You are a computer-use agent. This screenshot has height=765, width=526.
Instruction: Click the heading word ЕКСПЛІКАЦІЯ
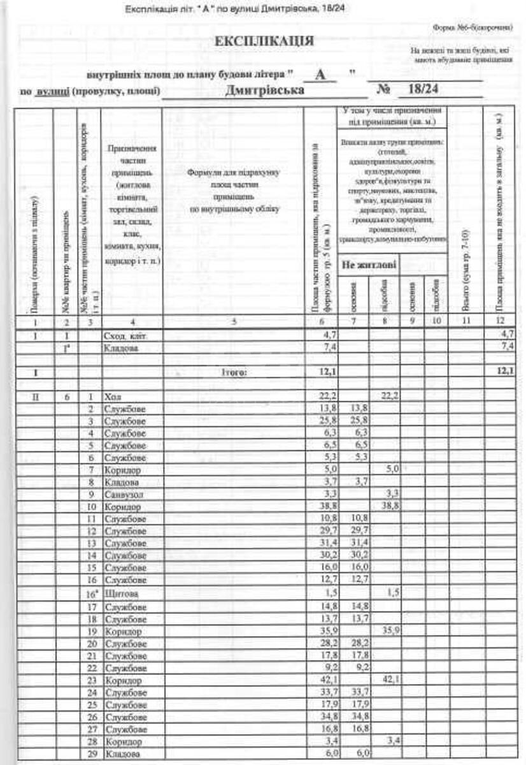pyautogui.click(x=264, y=41)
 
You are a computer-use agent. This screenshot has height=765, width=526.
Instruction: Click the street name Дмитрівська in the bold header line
pyautogui.click(x=264, y=90)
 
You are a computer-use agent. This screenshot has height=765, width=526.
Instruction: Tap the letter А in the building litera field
pyautogui.click(x=322, y=75)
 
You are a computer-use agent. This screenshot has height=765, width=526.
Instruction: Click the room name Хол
pyautogui.click(x=111, y=397)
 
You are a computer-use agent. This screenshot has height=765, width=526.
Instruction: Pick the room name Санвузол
pyautogui.click(x=122, y=494)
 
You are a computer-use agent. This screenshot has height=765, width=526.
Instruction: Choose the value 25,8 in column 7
pyautogui.click(x=359, y=421)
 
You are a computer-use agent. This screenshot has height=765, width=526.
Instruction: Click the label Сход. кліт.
pyautogui.click(x=125, y=335)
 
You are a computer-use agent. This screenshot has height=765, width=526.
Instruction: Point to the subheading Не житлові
pyautogui.click(x=367, y=264)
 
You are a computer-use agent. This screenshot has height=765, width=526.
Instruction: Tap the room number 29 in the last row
pyautogui.click(x=92, y=755)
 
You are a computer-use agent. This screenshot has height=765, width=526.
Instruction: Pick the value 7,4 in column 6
pyautogui.click(x=329, y=347)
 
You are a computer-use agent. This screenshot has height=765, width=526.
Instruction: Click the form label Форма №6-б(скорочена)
pyautogui.click(x=472, y=27)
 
